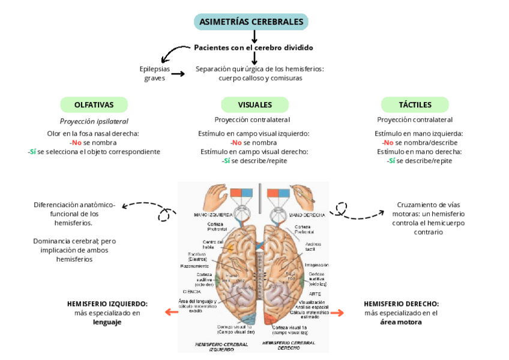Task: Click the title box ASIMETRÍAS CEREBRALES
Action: pos(251,22)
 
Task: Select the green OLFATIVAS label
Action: pos(94,105)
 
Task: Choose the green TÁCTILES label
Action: pos(415,105)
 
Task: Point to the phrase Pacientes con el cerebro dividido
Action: pos(253,47)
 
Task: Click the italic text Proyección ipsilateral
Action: pos(94,121)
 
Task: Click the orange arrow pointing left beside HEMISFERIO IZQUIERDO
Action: pos(172,312)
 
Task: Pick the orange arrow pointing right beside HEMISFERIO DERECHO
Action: pos(337,313)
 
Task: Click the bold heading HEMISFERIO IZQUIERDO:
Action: pos(107,304)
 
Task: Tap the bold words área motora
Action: pos(401,322)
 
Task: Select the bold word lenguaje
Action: pos(107,322)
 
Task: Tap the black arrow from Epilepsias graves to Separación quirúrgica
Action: pos(178,74)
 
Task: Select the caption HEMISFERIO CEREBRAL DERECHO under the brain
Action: pos(289,345)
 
